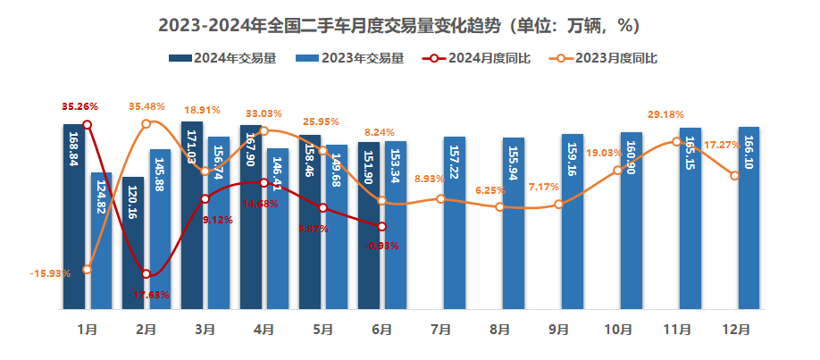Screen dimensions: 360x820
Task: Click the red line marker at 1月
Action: (x=87, y=124)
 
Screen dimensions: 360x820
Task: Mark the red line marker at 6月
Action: (x=381, y=227)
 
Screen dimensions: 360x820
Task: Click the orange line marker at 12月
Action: (x=734, y=176)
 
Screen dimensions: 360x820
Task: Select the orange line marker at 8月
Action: (x=499, y=207)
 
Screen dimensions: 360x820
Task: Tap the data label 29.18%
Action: (x=665, y=114)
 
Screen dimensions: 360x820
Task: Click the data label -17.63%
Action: (x=149, y=294)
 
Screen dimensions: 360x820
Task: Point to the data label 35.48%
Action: (x=147, y=106)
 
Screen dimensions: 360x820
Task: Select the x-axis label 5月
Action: (x=322, y=330)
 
